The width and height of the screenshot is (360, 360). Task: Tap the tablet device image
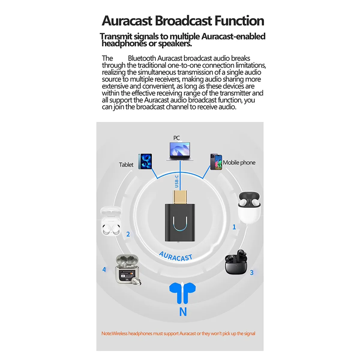145,161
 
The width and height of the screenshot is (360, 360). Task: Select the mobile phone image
216,162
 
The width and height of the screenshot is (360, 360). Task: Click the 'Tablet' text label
126,165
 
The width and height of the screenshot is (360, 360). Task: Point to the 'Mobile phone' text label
239,163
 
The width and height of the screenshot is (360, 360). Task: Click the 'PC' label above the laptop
177,138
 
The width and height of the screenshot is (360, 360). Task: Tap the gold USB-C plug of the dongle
180,196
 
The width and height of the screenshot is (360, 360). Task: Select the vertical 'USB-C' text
177,181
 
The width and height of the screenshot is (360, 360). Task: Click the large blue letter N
183,312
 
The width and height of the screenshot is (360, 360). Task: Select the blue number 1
234,227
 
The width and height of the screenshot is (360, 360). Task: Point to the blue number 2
128,234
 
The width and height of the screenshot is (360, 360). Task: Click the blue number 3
252,273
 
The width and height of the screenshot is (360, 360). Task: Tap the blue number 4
104,269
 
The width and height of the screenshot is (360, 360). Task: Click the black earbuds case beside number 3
236,262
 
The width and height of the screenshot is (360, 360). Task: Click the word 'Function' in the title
239,21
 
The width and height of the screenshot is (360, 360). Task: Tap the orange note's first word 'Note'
106,334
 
